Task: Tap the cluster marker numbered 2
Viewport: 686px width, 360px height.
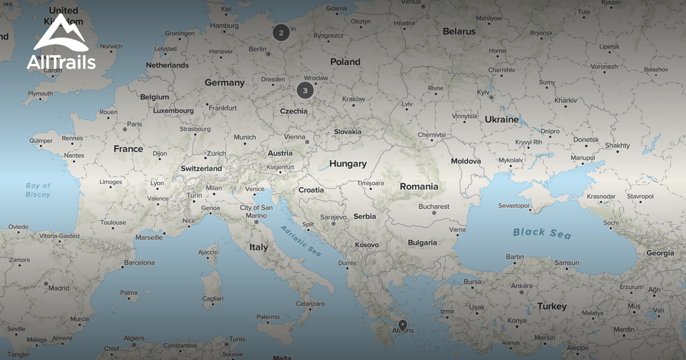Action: pyautogui.click(x=281, y=33)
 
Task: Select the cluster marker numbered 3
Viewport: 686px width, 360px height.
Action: pyautogui.click(x=305, y=90)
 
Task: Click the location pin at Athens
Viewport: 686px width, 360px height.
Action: pyautogui.click(x=402, y=326)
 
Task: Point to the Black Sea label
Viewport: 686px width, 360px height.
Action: pyautogui.click(x=541, y=233)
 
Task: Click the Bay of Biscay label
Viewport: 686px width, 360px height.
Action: pyautogui.click(x=38, y=190)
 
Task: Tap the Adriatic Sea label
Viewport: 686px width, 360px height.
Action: pyautogui.click(x=301, y=240)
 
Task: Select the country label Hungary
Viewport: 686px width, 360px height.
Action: pyautogui.click(x=348, y=164)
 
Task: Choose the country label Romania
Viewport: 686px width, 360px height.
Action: pyautogui.click(x=419, y=186)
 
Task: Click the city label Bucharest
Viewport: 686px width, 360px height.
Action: pyautogui.click(x=434, y=207)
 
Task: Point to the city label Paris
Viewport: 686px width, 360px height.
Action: pyautogui.click(x=134, y=124)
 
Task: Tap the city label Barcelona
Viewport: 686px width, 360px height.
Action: pyautogui.click(x=139, y=263)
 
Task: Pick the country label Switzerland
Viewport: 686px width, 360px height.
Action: pyautogui.click(x=201, y=169)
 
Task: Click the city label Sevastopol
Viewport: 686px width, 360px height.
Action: pyautogui.click(x=514, y=205)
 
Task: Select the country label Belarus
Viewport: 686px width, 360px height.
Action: pyautogui.click(x=459, y=32)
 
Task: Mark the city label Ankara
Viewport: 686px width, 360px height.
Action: pyautogui.click(x=521, y=286)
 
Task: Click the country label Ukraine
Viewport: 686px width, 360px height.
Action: pyautogui.click(x=501, y=119)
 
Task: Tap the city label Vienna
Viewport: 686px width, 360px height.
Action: pyautogui.click(x=295, y=137)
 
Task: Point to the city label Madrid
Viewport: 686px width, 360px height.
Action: pyautogui.click(x=59, y=288)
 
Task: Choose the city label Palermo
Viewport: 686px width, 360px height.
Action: pyautogui.click(x=268, y=317)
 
